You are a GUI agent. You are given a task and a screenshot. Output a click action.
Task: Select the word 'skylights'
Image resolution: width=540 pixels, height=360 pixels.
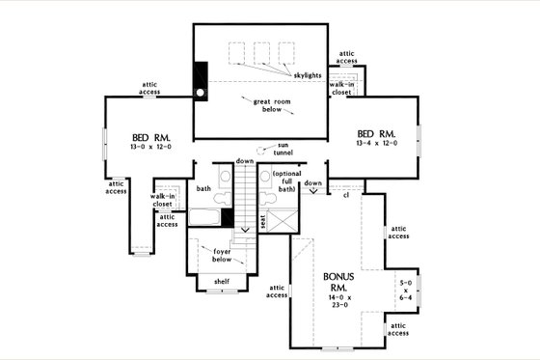pyautogui.click(x=306, y=73)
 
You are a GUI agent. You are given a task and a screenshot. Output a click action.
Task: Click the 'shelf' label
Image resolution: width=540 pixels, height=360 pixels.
pyautogui.click(x=222, y=281)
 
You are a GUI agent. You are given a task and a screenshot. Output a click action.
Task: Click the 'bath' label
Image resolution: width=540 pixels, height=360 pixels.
pyautogui.click(x=204, y=188)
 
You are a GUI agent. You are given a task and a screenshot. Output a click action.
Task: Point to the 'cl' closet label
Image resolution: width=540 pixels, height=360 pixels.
pyautogui.click(x=344, y=195)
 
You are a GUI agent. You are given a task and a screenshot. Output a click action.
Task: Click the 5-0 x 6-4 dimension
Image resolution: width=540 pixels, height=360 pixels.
pyautogui.click(x=406, y=290)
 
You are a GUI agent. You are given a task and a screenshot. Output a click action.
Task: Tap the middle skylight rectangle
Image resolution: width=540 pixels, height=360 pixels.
pyautogui.click(x=260, y=51)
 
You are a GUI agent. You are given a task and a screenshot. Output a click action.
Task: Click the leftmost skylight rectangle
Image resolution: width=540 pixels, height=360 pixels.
pyautogui.click(x=236, y=51)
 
